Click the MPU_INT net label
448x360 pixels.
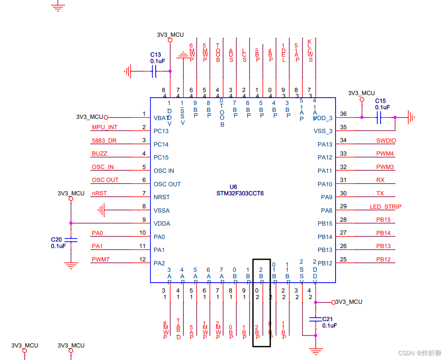(104, 127)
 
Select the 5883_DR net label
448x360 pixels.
(104, 140)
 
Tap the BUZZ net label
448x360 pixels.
(99, 153)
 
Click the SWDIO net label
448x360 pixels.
(386, 140)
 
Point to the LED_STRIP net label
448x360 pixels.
(385, 207)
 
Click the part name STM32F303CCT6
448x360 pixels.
(240, 194)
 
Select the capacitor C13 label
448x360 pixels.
(155, 55)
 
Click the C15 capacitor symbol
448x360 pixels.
(379, 117)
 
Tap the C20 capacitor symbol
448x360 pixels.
(70, 239)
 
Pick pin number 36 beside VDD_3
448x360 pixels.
(343, 114)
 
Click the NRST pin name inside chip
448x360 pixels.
(161, 197)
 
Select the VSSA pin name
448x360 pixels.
(161, 210)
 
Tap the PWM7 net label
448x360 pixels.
(100, 259)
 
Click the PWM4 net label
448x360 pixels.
(385, 153)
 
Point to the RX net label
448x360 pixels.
(380, 180)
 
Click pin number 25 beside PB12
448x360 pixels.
(343, 259)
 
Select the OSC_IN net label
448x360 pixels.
(102, 167)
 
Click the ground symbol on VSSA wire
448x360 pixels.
(102, 210)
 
